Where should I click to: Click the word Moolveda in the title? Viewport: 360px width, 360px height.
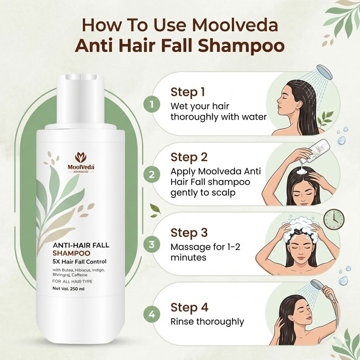235,25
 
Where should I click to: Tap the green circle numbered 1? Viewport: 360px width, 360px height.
152,104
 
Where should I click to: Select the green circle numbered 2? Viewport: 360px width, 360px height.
152,175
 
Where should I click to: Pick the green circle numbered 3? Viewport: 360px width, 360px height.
152,244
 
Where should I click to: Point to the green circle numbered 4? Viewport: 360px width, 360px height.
152,314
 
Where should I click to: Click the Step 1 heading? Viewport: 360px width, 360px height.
188,92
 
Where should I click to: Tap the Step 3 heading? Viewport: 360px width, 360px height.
189,233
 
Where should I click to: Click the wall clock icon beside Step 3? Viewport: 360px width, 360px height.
334,219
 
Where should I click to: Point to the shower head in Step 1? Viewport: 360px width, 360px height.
324,72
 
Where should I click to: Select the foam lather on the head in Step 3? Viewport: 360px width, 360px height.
300,226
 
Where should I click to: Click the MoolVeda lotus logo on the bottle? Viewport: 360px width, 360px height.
81,157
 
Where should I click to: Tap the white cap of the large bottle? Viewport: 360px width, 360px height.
80,99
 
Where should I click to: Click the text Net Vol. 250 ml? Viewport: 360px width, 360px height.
68,289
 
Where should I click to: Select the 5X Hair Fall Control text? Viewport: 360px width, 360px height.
80,261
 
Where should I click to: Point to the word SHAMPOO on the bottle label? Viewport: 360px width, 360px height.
71,253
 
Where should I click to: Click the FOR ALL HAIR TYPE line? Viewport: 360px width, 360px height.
72,282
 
